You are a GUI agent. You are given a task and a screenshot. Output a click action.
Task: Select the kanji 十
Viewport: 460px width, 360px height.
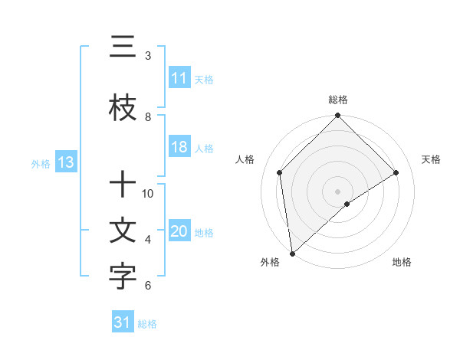point(123,185)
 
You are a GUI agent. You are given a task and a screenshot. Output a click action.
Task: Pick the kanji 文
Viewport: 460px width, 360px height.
point(123,231)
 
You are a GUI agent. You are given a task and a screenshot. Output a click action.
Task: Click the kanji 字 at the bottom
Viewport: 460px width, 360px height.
point(123,278)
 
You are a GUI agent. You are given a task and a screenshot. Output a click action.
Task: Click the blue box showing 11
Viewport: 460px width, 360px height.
point(179,78)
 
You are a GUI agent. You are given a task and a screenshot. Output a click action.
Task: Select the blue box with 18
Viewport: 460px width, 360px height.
point(179,148)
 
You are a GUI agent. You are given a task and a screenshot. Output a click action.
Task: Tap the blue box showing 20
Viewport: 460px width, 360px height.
point(179,232)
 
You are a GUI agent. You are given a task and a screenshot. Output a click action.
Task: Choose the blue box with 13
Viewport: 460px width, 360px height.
point(65,162)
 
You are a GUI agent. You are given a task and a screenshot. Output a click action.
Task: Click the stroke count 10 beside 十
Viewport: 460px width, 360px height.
point(148,194)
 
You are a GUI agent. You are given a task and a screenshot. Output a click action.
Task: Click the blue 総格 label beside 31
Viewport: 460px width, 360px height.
point(147,324)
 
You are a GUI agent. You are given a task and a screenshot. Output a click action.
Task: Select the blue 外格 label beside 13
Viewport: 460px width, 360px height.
point(41,163)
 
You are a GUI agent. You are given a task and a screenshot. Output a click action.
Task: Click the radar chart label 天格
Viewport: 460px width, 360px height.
point(432,159)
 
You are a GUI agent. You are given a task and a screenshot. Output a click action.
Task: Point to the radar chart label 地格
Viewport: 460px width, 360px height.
point(402,262)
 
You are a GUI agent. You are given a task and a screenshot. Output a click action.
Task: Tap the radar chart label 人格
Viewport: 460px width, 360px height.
point(245,159)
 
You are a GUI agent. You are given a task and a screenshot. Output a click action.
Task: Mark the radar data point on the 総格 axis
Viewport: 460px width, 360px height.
point(337,116)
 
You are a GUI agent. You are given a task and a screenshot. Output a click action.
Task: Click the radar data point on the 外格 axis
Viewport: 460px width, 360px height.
point(291,254)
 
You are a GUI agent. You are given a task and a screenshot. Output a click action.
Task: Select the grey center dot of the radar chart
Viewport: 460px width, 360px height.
point(337,191)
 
